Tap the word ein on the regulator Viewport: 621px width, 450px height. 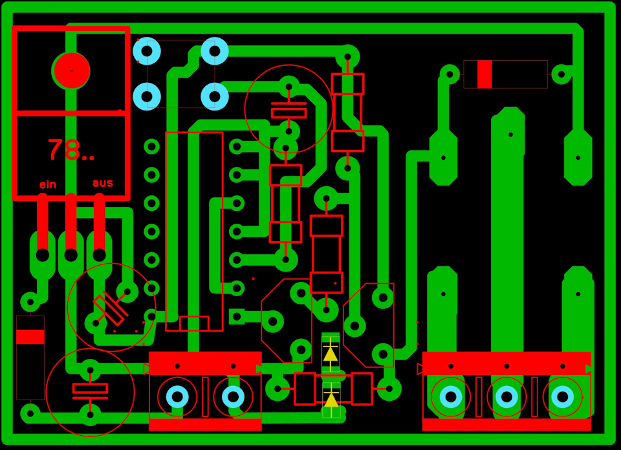coord(48,184)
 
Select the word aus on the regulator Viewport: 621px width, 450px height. coord(103,183)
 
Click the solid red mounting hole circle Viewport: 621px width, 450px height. coord(72,70)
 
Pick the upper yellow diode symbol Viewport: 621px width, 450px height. coord(331,354)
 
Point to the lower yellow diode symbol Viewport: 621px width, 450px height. coord(331,398)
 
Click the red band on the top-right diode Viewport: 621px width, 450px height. coord(485,74)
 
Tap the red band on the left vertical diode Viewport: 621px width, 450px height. coord(30,337)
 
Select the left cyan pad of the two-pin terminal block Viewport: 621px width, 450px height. coord(177,396)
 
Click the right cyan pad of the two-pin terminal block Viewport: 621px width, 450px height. coord(233,396)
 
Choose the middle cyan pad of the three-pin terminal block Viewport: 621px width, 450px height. coord(507,396)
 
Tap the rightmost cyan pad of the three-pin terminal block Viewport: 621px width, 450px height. coord(562,396)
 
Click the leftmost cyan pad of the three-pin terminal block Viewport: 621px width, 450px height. coord(451,396)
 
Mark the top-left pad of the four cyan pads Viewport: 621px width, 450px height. coord(147,51)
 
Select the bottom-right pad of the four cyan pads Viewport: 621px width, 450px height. coord(215,96)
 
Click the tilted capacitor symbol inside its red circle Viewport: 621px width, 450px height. coord(111,308)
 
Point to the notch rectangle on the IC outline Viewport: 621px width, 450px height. coord(194,323)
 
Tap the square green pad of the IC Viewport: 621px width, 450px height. coord(237,316)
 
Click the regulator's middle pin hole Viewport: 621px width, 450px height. coord(71,255)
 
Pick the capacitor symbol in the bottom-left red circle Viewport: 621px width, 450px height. coord(91,392)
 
